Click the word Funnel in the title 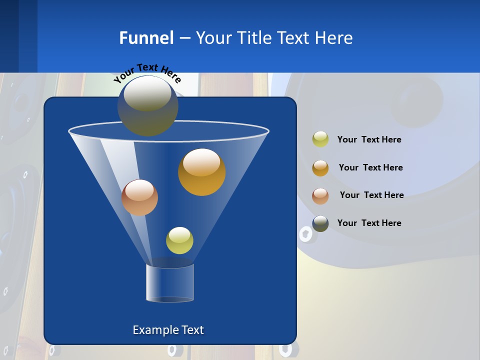[x=146, y=38]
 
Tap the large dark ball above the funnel [x=147, y=105]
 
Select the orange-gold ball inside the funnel [x=201, y=171]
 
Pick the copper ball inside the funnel [x=139, y=197]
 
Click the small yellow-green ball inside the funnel [x=179, y=240]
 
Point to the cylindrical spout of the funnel [x=170, y=283]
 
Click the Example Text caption [x=168, y=330]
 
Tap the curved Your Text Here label [x=147, y=73]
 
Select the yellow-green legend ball [x=320, y=139]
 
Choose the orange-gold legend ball [x=320, y=167]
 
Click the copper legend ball [x=320, y=195]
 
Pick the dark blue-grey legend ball [x=320, y=223]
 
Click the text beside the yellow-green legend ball [x=369, y=139]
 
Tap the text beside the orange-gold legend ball [x=370, y=167]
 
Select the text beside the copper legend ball [x=371, y=195]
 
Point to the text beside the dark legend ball [x=369, y=223]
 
